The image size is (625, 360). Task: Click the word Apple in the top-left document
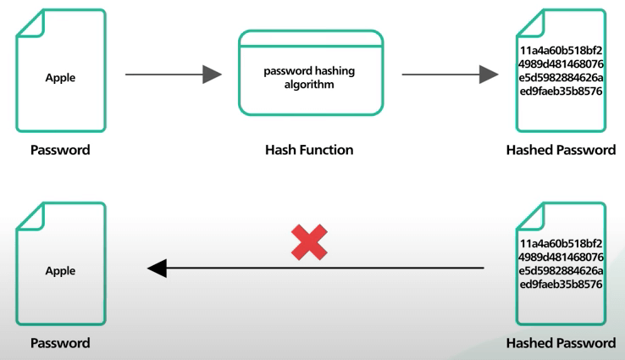[x=60, y=78]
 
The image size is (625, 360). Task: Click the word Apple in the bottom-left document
[x=60, y=271]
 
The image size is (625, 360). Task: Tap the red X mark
[x=309, y=243]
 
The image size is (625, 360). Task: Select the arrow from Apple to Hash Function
[x=174, y=75]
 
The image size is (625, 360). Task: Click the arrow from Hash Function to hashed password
[x=449, y=75]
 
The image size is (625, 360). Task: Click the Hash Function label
[x=309, y=150]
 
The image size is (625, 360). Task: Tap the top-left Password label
[x=60, y=151]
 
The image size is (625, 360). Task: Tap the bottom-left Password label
[x=60, y=343]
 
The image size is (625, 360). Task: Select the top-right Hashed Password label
[x=561, y=151]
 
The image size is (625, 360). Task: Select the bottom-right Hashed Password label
[x=561, y=343]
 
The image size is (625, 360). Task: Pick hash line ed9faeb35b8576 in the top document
[x=561, y=91]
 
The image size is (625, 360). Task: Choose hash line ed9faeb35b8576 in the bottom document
[x=561, y=285]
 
